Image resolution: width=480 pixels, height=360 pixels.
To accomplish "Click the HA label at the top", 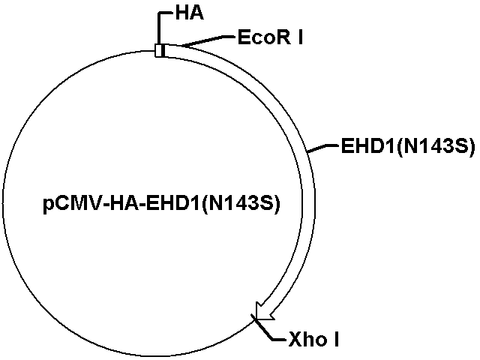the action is (189, 13).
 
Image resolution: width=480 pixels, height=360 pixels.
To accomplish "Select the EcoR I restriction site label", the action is (270, 37).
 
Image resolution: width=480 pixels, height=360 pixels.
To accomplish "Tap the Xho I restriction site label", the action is (313, 340).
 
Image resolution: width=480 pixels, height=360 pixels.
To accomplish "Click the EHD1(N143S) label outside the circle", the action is (408, 146).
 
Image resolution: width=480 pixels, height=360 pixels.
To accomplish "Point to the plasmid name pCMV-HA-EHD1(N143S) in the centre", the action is (161, 204).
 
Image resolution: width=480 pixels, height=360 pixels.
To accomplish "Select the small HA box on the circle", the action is (160, 50).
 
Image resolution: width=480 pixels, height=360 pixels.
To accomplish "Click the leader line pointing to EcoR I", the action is (208, 41).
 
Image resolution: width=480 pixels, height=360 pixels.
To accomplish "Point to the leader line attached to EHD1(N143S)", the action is (324, 148).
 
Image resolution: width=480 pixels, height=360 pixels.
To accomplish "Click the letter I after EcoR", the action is (300, 37).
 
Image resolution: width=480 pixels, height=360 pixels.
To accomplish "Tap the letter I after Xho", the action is (337, 340).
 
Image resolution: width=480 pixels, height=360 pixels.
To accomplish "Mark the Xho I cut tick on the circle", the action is (255, 318).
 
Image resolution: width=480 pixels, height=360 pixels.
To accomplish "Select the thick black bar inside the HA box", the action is (163, 50).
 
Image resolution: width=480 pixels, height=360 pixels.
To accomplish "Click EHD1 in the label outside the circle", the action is (368, 146).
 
